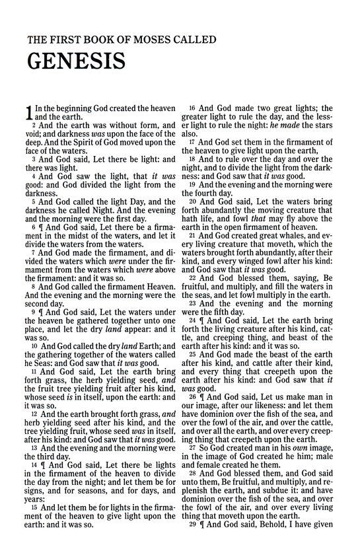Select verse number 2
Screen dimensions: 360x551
tap(32, 124)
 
